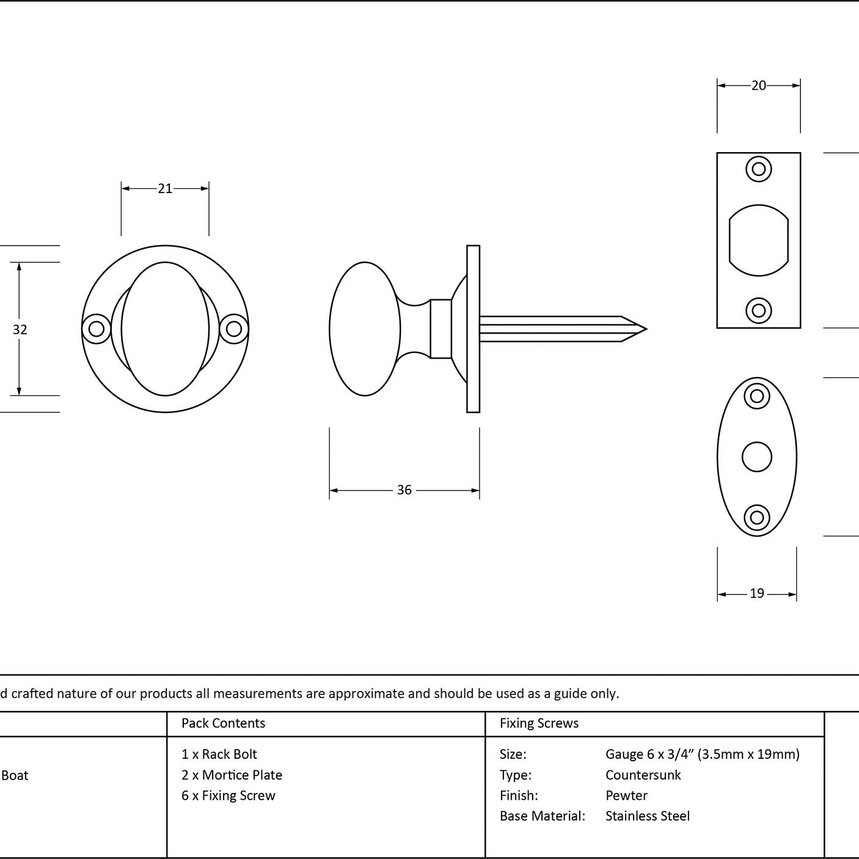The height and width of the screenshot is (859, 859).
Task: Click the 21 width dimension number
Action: tap(165, 189)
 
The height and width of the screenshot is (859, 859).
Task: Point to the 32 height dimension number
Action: tap(20, 329)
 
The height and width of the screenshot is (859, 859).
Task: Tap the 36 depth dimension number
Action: tap(404, 490)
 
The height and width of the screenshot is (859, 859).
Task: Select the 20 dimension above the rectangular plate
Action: tap(758, 85)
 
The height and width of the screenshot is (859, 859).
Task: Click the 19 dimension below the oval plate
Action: tap(757, 593)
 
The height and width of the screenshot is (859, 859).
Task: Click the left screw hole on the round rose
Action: tap(97, 329)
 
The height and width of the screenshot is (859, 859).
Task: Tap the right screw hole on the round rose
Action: tap(234, 329)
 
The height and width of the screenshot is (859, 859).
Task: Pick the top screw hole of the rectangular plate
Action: tap(759, 169)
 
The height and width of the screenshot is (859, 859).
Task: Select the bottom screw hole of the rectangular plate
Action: tap(759, 311)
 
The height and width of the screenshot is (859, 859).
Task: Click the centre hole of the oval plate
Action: tap(757, 457)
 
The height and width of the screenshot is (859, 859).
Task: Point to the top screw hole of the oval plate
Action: tap(757, 396)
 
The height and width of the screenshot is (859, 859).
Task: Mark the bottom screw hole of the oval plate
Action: tap(757, 517)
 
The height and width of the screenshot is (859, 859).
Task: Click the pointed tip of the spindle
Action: tap(646, 329)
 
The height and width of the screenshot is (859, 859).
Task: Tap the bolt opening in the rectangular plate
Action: tap(759, 240)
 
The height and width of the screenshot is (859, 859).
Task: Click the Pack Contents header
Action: tap(224, 723)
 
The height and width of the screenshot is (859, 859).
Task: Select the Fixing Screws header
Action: tap(539, 723)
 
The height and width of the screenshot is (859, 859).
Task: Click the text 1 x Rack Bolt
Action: tap(219, 754)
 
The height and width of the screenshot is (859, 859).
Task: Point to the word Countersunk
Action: tap(643, 775)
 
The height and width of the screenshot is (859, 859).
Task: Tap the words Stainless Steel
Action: tap(647, 816)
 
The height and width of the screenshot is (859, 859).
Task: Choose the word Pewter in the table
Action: tap(626, 795)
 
